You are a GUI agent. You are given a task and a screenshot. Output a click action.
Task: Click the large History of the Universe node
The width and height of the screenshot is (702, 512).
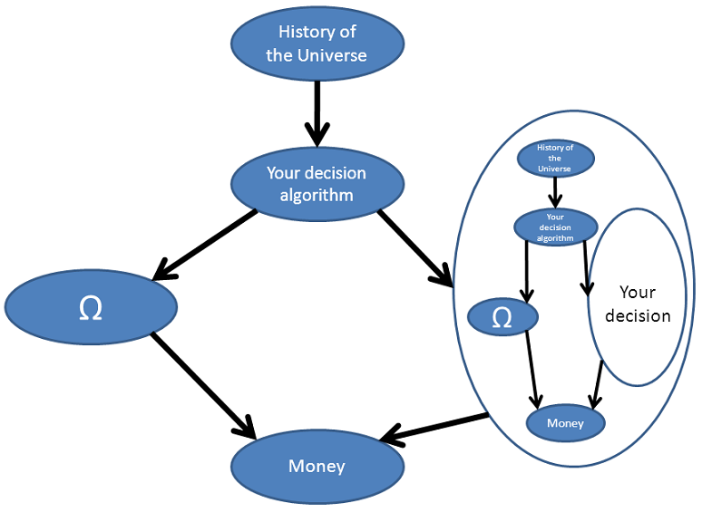[x=317, y=43]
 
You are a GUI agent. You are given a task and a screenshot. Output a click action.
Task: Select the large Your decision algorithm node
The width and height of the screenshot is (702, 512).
[x=317, y=182]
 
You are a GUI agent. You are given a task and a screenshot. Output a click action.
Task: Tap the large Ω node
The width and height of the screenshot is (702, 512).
[x=91, y=307]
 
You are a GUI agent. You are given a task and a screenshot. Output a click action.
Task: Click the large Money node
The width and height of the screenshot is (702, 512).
[x=317, y=467]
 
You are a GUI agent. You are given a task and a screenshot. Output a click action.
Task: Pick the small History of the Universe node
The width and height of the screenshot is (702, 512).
[x=555, y=159]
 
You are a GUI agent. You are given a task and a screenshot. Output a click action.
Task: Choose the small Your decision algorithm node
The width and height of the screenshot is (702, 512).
[x=555, y=227]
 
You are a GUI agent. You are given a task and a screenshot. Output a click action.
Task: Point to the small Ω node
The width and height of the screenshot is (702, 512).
[x=502, y=317]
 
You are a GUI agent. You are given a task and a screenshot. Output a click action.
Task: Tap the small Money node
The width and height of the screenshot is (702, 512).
[x=565, y=423]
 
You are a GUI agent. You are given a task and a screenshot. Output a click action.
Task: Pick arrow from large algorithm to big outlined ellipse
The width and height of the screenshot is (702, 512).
[x=414, y=247]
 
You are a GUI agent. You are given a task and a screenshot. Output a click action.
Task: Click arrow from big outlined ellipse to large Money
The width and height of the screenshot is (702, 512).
[x=435, y=429]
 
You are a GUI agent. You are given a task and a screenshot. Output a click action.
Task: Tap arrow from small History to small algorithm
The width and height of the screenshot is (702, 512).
[x=555, y=191]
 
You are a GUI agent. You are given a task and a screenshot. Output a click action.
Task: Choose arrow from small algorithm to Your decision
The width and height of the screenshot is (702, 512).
[x=586, y=266]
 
